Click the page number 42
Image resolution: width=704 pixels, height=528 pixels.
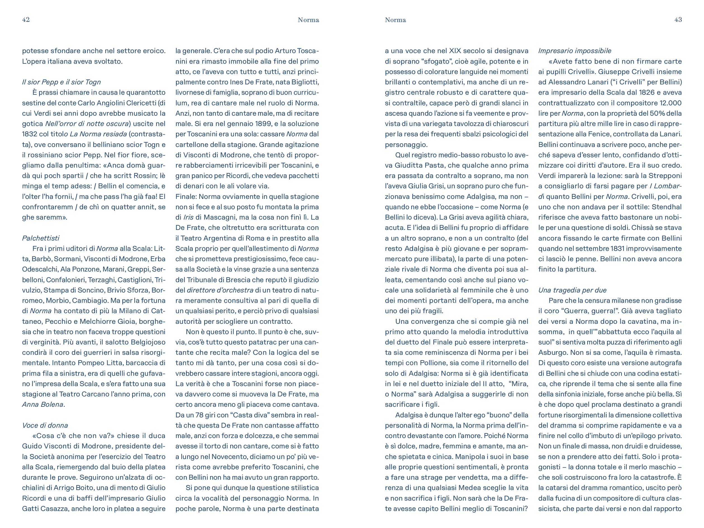pyautogui.click(x=26, y=20)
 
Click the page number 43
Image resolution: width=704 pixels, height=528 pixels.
pyautogui.click(x=678, y=20)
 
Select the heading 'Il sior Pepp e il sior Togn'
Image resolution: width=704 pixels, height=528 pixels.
pyautogui.click(x=61, y=82)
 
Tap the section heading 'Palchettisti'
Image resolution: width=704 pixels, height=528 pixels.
pyautogui.click(x=41, y=238)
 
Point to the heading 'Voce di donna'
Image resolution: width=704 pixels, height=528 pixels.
pyautogui.click(x=45, y=425)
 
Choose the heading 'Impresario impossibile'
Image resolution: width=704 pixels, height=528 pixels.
pyautogui.click(x=574, y=51)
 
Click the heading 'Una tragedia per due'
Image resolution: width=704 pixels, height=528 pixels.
pyautogui.click(x=572, y=290)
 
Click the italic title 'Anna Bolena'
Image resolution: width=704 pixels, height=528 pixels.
pyautogui.click(x=43, y=405)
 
